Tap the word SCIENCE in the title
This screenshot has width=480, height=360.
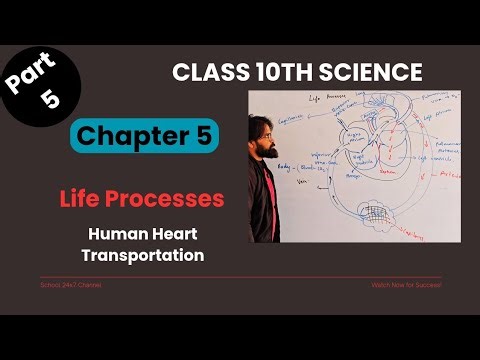coord(371,72)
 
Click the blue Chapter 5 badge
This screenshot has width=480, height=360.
coord(145,135)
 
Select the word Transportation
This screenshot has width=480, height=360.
coord(145,255)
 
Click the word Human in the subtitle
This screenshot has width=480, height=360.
coord(118,234)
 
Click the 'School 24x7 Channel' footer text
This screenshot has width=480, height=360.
coord(70,285)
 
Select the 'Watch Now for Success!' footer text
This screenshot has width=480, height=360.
coord(406,285)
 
